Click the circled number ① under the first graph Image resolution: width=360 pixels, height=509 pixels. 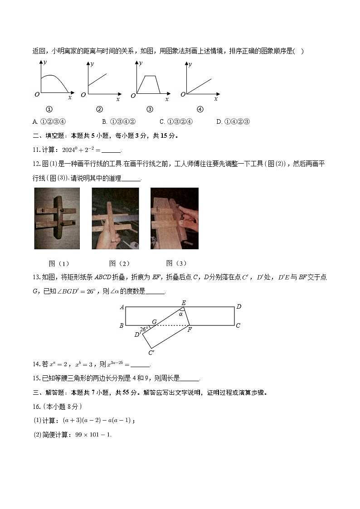[x=49, y=109]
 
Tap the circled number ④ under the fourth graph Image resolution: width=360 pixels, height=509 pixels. [x=200, y=109]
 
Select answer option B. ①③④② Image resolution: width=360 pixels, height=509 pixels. [x=119, y=121]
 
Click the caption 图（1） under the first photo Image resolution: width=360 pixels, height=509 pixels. [x=59, y=263]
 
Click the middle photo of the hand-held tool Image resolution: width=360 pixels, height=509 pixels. [x=115, y=218]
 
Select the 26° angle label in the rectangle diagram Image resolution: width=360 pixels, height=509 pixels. [x=144, y=330]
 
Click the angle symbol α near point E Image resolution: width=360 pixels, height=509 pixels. [x=180, y=313]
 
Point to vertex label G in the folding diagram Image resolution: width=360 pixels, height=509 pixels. [x=154, y=322]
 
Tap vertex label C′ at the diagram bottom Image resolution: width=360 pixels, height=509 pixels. [x=151, y=352]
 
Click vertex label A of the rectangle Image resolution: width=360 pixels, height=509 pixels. [x=122, y=307]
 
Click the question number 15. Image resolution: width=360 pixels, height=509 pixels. [x=36, y=378]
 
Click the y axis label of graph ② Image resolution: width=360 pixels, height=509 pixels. [x=92, y=64]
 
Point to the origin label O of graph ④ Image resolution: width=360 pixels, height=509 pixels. [x=183, y=94]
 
